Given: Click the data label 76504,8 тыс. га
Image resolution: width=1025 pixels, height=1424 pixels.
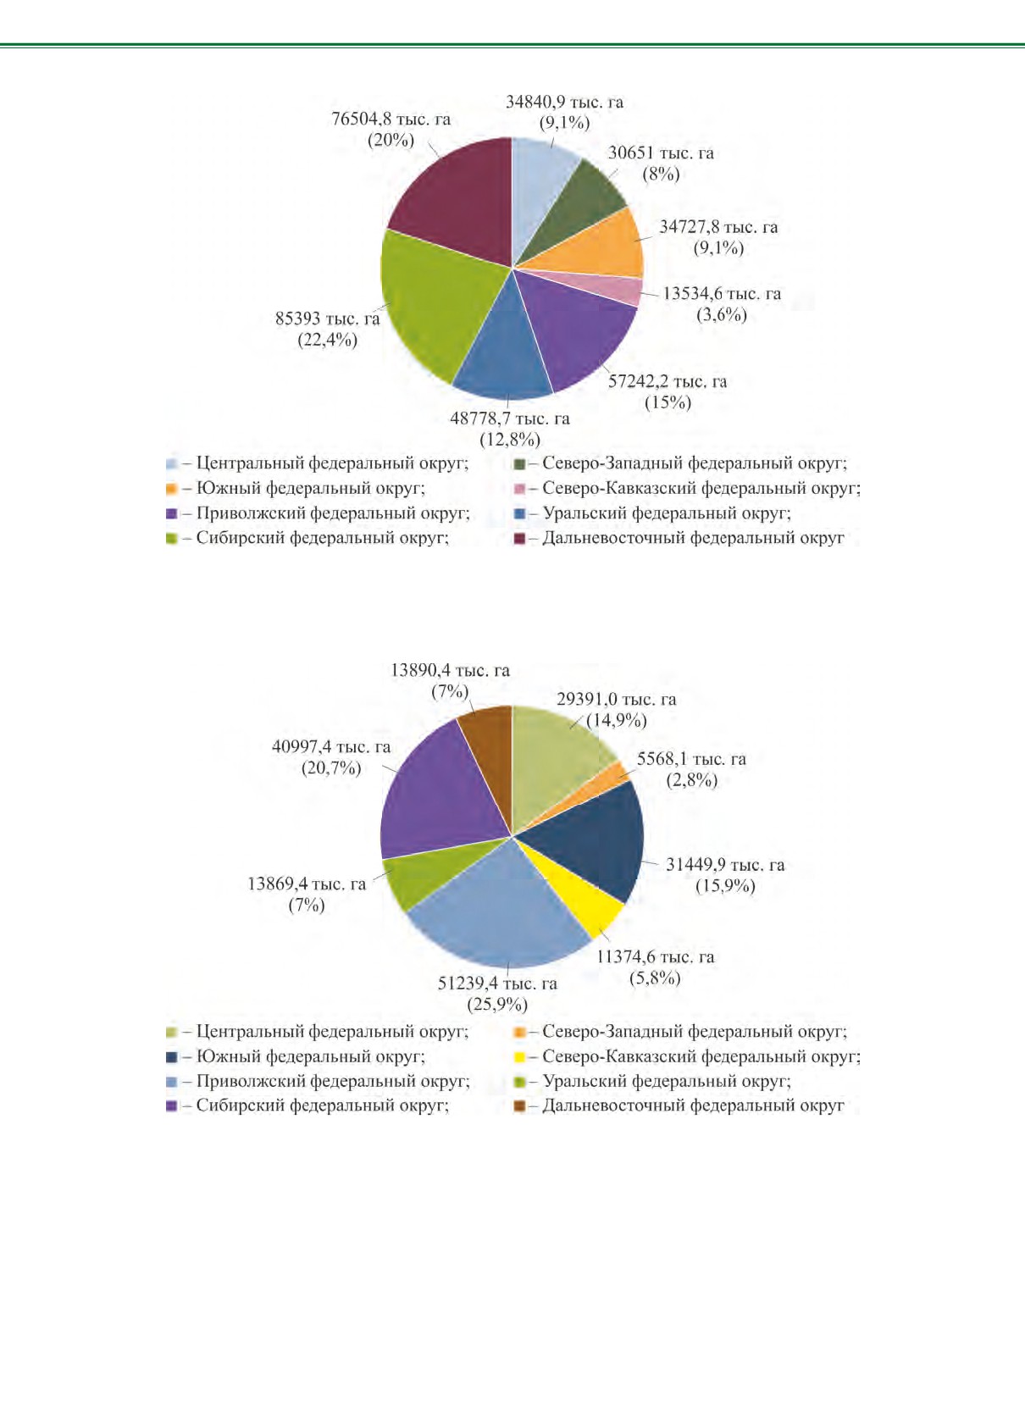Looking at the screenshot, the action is (391, 119).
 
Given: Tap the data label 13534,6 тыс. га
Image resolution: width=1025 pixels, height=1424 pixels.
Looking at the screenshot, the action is (722, 294).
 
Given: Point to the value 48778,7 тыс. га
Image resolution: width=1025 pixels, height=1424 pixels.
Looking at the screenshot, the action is (510, 418).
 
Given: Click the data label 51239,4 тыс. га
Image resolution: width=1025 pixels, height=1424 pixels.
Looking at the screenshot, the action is (497, 984).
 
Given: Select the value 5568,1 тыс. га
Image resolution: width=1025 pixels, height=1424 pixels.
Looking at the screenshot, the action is (691, 759).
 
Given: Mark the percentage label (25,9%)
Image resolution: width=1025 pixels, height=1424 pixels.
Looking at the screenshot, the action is (497, 1005).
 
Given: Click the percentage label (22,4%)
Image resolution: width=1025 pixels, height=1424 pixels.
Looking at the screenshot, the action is (328, 340).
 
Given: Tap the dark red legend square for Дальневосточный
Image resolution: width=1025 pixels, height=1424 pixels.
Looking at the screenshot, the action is (519, 539).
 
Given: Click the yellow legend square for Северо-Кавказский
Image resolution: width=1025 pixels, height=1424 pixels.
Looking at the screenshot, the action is (519, 1057).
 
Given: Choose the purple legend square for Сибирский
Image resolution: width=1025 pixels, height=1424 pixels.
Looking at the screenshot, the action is (171, 1107).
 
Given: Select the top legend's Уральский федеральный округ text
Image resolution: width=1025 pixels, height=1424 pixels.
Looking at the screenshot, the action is (667, 513).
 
